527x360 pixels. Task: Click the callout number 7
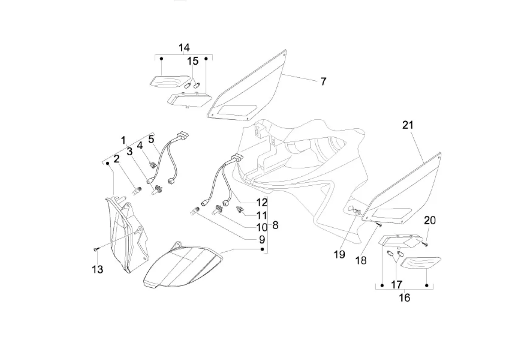(x=323, y=82)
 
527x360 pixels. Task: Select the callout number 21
(x=408, y=125)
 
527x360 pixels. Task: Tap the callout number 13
(x=98, y=269)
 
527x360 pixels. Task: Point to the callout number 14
(x=184, y=48)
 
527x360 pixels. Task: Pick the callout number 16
(x=405, y=298)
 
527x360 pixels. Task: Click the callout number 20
(x=430, y=220)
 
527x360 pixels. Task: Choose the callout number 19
(x=339, y=255)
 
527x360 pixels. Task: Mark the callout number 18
(x=361, y=260)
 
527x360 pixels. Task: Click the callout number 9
(x=262, y=239)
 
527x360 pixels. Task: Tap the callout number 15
(x=193, y=61)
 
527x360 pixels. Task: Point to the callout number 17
(x=397, y=284)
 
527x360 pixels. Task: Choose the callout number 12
(x=262, y=202)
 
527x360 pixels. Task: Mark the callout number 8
(x=275, y=225)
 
